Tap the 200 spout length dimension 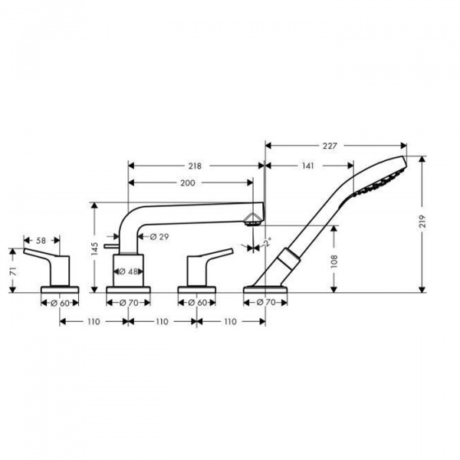(x=188, y=182)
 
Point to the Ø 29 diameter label (x=159, y=236)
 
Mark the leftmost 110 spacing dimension (x=93, y=322)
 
